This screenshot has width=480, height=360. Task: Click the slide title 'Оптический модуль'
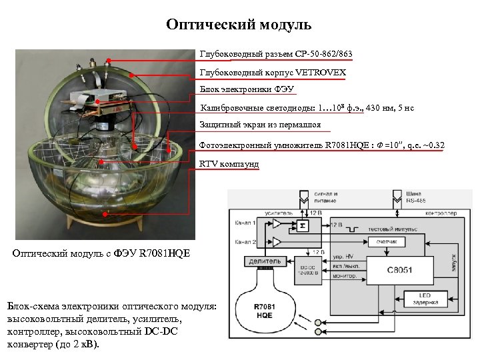(x=239, y=25)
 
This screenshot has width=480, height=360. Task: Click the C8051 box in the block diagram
(x=381, y=271)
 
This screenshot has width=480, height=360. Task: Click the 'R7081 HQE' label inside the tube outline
(x=265, y=310)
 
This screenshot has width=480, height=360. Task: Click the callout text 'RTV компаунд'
(x=229, y=164)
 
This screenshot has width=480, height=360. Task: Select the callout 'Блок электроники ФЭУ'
(x=247, y=89)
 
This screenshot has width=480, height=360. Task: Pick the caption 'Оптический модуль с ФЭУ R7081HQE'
(x=101, y=253)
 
